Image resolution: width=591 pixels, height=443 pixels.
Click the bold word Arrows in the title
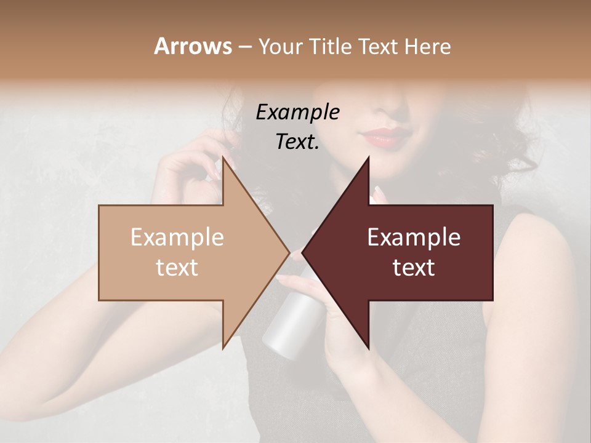click(x=193, y=46)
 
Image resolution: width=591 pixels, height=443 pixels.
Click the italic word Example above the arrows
click(x=297, y=113)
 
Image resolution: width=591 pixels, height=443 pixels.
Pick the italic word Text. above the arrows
click(x=297, y=142)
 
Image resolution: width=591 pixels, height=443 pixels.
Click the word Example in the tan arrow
click(x=177, y=237)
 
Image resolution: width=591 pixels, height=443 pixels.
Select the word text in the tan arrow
click(x=177, y=268)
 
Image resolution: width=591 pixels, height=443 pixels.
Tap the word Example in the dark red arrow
click(x=414, y=237)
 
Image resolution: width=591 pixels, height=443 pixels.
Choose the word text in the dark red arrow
click(x=414, y=268)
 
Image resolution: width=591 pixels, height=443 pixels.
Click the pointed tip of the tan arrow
click(x=288, y=252)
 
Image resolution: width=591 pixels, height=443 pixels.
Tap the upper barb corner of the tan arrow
click(x=223, y=158)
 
